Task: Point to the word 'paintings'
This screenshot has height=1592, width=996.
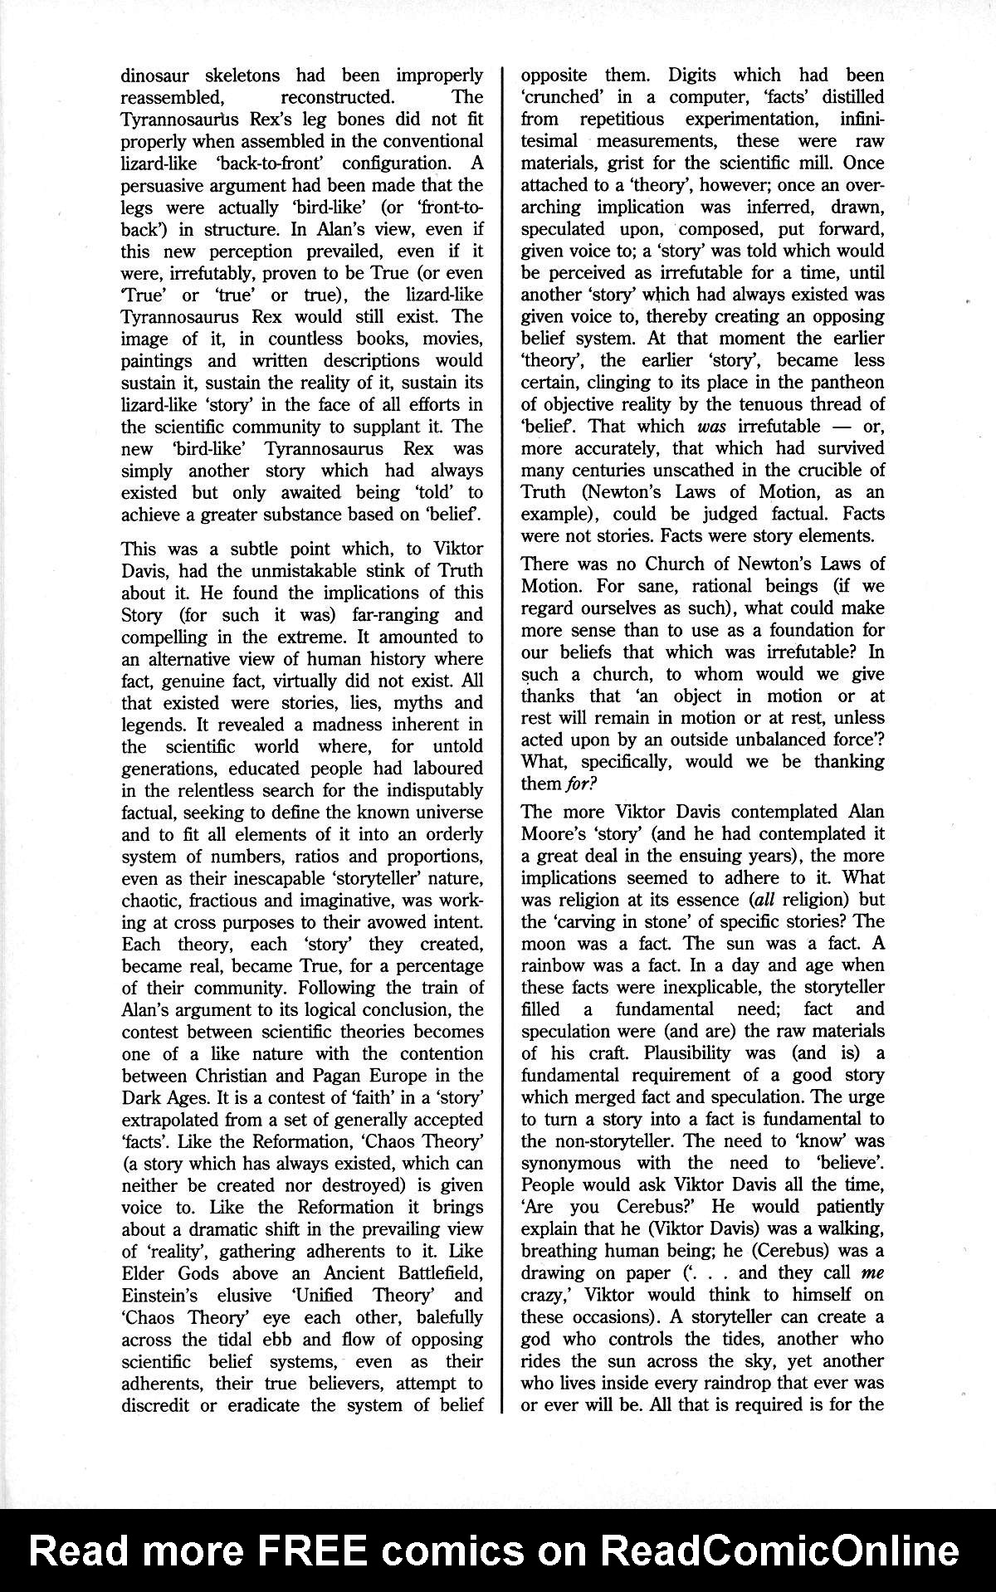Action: [x=158, y=361]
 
